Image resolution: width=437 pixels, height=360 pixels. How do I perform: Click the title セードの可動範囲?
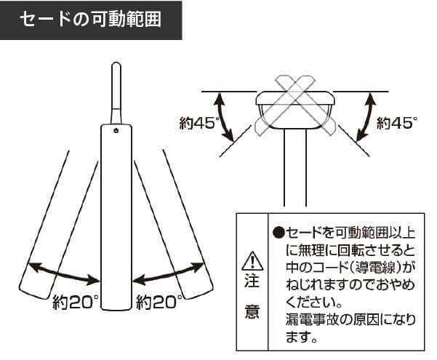coord(91,20)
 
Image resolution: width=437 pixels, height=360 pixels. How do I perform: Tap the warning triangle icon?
coord(252,261)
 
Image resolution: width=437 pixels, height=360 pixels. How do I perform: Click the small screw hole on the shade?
coord(116,130)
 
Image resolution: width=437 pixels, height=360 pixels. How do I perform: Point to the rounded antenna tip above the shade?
coord(116,65)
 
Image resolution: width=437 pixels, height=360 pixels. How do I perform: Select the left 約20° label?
coord(76,302)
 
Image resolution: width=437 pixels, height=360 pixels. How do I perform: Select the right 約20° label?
coord(159,302)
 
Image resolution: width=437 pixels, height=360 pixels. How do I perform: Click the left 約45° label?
coord(199,122)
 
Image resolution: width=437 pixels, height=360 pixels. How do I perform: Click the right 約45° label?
coord(397,122)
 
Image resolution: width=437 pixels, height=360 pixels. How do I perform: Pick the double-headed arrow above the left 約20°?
coord(63,274)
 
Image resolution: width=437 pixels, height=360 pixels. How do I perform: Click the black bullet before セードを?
coord(278,233)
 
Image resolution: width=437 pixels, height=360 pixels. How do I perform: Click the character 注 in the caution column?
coord(252,281)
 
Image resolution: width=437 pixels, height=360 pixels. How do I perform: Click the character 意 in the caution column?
coord(252,311)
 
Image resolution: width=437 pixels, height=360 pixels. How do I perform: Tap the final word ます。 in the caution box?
coord(301,337)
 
